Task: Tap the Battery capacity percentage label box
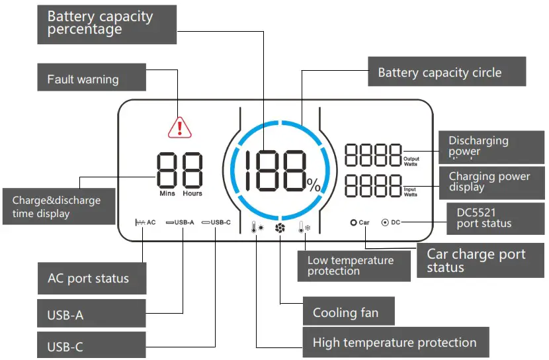tap(106, 24)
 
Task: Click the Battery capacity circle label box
tap(446, 72)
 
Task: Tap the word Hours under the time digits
tap(192, 194)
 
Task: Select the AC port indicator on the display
tap(145, 222)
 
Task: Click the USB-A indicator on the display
tap(180, 222)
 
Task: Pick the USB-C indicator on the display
tap(216, 222)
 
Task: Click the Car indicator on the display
tap(360, 222)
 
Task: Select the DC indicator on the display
tap(391, 222)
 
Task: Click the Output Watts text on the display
tap(411, 161)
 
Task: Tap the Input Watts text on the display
tap(410, 193)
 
